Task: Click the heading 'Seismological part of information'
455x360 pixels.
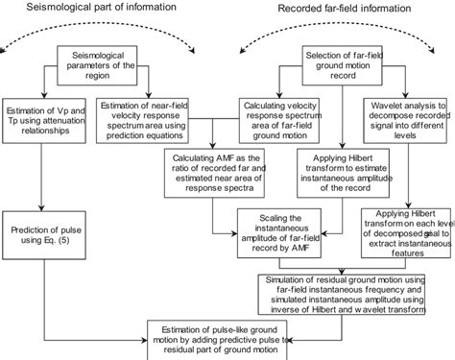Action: point(96,9)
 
